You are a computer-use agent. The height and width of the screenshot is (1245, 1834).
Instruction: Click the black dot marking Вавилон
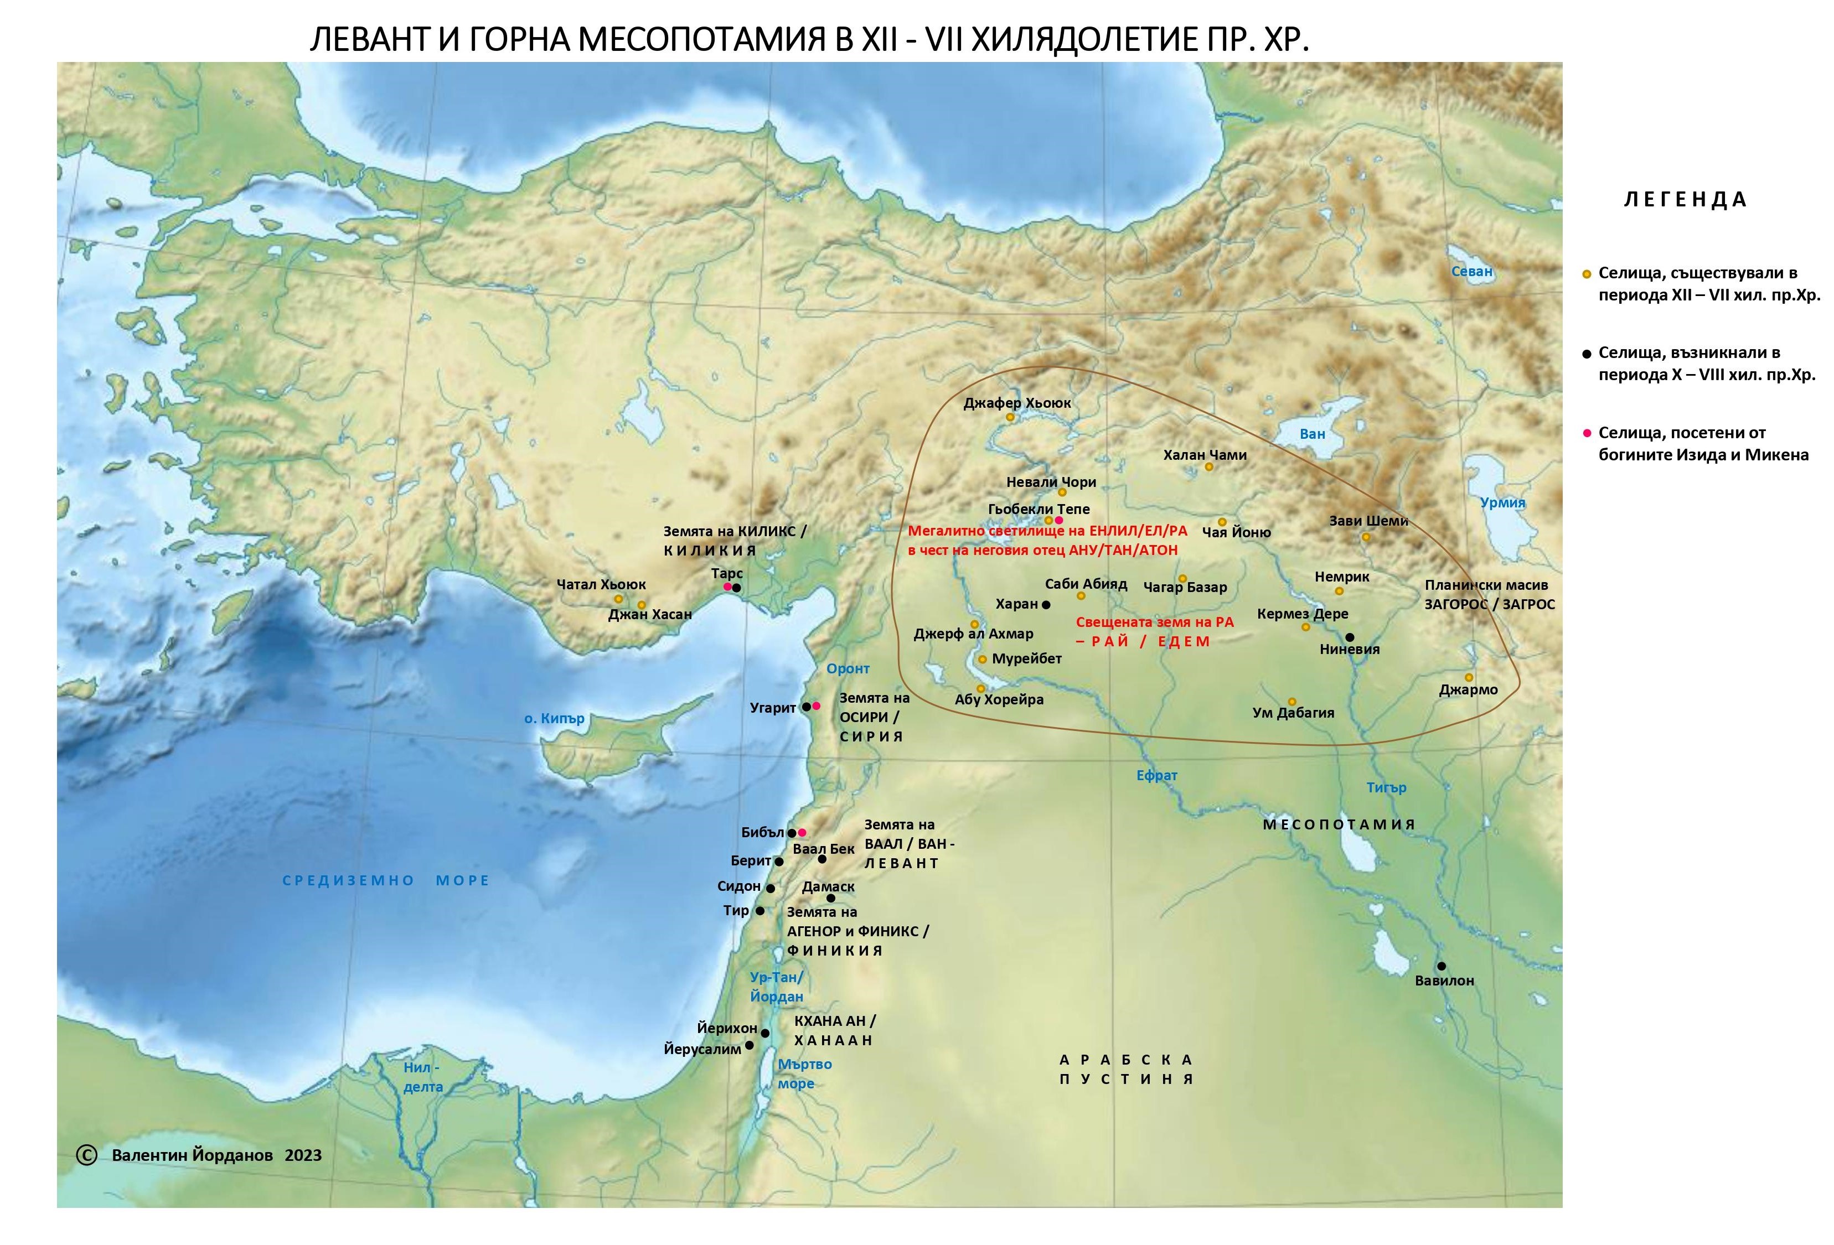(x=1441, y=966)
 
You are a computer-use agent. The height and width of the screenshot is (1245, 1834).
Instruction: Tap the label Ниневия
(x=1350, y=649)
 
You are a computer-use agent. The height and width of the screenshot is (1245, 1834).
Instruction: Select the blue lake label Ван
(x=1313, y=434)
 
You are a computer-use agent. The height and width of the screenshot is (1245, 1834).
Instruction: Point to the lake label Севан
(x=1472, y=271)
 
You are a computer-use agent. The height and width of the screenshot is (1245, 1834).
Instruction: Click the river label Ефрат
(x=1157, y=776)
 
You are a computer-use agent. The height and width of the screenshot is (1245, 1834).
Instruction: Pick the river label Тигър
(x=1387, y=787)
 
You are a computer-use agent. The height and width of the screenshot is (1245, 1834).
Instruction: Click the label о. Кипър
(x=554, y=719)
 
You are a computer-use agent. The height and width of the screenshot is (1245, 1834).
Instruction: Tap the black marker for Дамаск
(x=830, y=899)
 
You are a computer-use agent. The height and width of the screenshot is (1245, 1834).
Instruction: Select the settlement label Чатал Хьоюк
(x=601, y=585)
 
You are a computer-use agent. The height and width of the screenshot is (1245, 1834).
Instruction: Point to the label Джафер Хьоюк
(x=1017, y=403)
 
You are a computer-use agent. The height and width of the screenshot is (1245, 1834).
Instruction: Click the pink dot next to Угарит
(x=817, y=705)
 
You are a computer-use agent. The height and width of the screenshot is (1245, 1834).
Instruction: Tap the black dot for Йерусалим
(x=749, y=1045)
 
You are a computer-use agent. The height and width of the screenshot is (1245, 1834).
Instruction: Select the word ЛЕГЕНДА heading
(x=1685, y=200)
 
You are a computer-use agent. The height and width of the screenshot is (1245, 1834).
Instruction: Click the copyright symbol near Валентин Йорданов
(x=86, y=1155)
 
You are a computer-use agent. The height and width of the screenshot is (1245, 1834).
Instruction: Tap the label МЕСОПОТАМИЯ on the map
(x=1339, y=824)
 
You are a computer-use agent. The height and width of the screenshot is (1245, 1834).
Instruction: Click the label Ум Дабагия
(x=1293, y=713)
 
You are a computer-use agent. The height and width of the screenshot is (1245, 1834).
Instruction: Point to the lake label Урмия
(x=1502, y=502)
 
